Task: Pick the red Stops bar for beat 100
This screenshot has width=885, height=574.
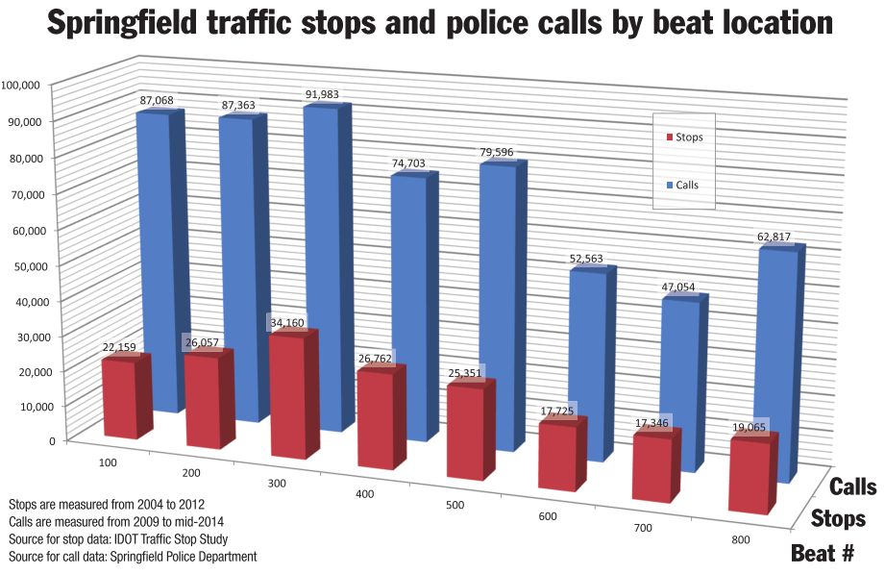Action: click(x=119, y=399)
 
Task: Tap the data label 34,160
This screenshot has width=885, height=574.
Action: click(x=288, y=321)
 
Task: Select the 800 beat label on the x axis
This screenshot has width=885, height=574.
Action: click(x=740, y=540)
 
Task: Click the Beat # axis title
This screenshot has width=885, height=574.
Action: click(x=831, y=553)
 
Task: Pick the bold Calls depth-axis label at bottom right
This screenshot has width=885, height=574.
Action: click(x=852, y=487)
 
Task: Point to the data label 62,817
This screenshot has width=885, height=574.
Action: click(x=774, y=238)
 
